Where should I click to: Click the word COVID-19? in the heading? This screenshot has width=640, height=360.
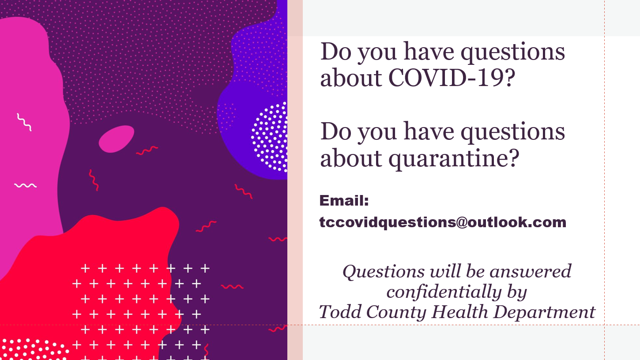tap(452, 78)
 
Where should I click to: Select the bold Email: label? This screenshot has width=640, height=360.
tap(344, 200)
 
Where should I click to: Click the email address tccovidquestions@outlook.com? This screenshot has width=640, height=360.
tap(443, 222)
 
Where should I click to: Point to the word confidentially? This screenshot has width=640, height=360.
tap(444, 292)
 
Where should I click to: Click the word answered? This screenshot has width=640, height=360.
tap(531, 271)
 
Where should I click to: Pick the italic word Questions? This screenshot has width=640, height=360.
tap(384, 272)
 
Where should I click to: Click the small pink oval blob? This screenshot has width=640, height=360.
tap(116, 139)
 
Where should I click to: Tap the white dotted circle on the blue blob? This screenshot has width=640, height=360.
tap(269, 137)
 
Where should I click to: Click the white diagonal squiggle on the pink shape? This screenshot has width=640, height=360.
tap(24, 122)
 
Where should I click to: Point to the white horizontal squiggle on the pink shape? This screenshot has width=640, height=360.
tap(26, 186)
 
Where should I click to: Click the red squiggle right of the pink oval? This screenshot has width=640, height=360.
tap(147, 150)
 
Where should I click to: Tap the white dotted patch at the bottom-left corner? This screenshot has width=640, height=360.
tap(33, 349)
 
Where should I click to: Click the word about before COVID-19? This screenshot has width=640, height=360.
tap(351, 78)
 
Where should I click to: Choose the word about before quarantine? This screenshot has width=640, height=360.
tap(351, 158)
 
